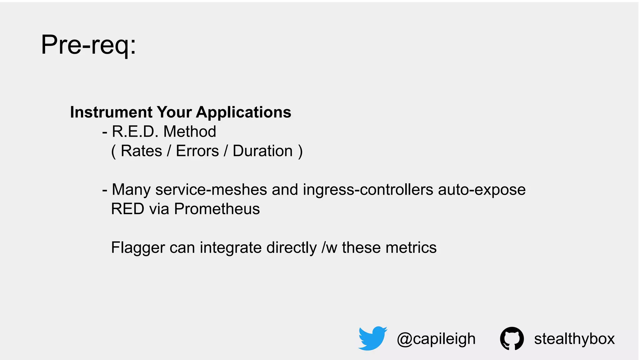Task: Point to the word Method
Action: [x=190, y=132]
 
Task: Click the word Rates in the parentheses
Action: [x=141, y=151]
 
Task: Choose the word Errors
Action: [x=197, y=151]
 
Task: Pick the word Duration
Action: [x=262, y=151]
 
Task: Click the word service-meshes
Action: [x=211, y=190]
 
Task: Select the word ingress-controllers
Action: [x=368, y=190]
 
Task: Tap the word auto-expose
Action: [x=482, y=190]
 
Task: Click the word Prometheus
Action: [x=217, y=209]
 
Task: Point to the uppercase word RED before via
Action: [x=128, y=209]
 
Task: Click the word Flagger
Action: [x=138, y=248]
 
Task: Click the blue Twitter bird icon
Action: [x=372, y=338]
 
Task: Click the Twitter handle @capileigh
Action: [x=436, y=339]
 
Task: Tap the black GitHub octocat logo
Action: [x=512, y=338]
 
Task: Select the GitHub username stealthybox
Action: [x=574, y=339]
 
